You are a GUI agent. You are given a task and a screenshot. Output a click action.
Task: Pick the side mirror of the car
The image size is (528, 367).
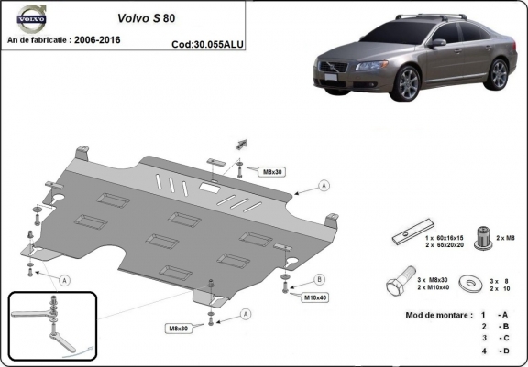(437, 43)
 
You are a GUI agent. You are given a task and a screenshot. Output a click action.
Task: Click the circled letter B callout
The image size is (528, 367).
(320, 278)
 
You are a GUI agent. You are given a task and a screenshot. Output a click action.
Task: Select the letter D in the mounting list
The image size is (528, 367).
(503, 350)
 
